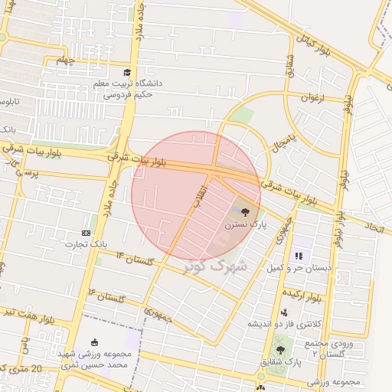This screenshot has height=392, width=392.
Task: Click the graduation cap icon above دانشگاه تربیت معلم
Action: (x=116, y=72)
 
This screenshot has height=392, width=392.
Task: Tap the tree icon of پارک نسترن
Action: (x=244, y=213)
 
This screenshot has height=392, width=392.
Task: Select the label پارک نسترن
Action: (x=244, y=227)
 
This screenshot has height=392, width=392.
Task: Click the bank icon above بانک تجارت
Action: (x=86, y=233)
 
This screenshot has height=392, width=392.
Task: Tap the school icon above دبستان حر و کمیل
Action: (x=298, y=255)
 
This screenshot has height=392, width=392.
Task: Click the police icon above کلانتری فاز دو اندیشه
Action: (x=284, y=312)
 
